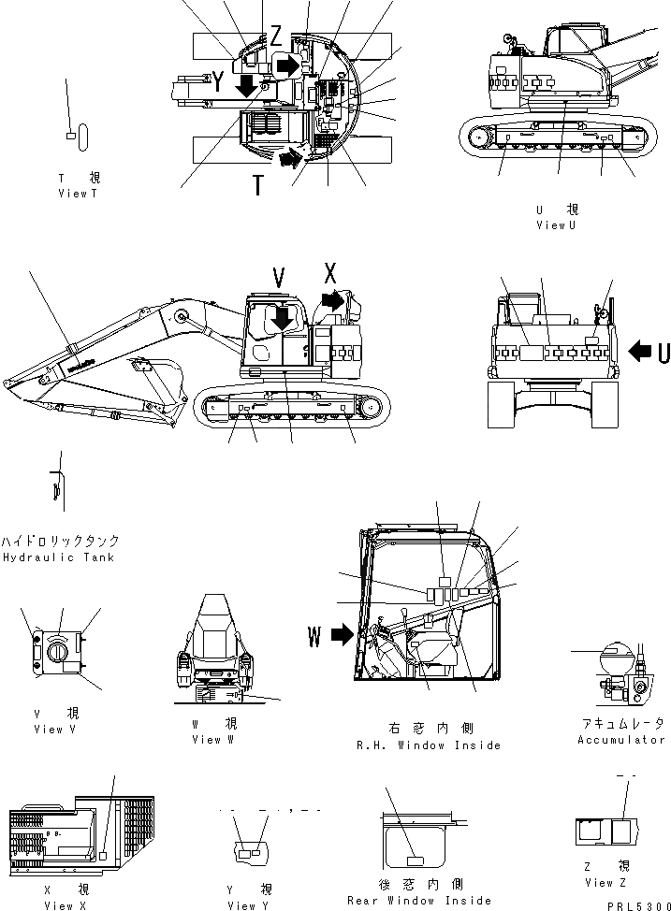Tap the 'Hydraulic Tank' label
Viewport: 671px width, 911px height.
(58, 557)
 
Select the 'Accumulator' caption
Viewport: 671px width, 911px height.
(620, 739)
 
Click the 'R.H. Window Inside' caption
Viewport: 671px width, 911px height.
(429, 745)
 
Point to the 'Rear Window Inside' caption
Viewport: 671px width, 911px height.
(418, 900)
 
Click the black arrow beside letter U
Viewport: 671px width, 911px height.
(641, 352)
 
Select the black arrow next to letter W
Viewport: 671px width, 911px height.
(341, 637)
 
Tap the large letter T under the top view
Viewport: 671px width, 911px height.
(257, 185)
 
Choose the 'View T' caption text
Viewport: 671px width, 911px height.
(78, 194)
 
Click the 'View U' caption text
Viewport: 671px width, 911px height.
(556, 224)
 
